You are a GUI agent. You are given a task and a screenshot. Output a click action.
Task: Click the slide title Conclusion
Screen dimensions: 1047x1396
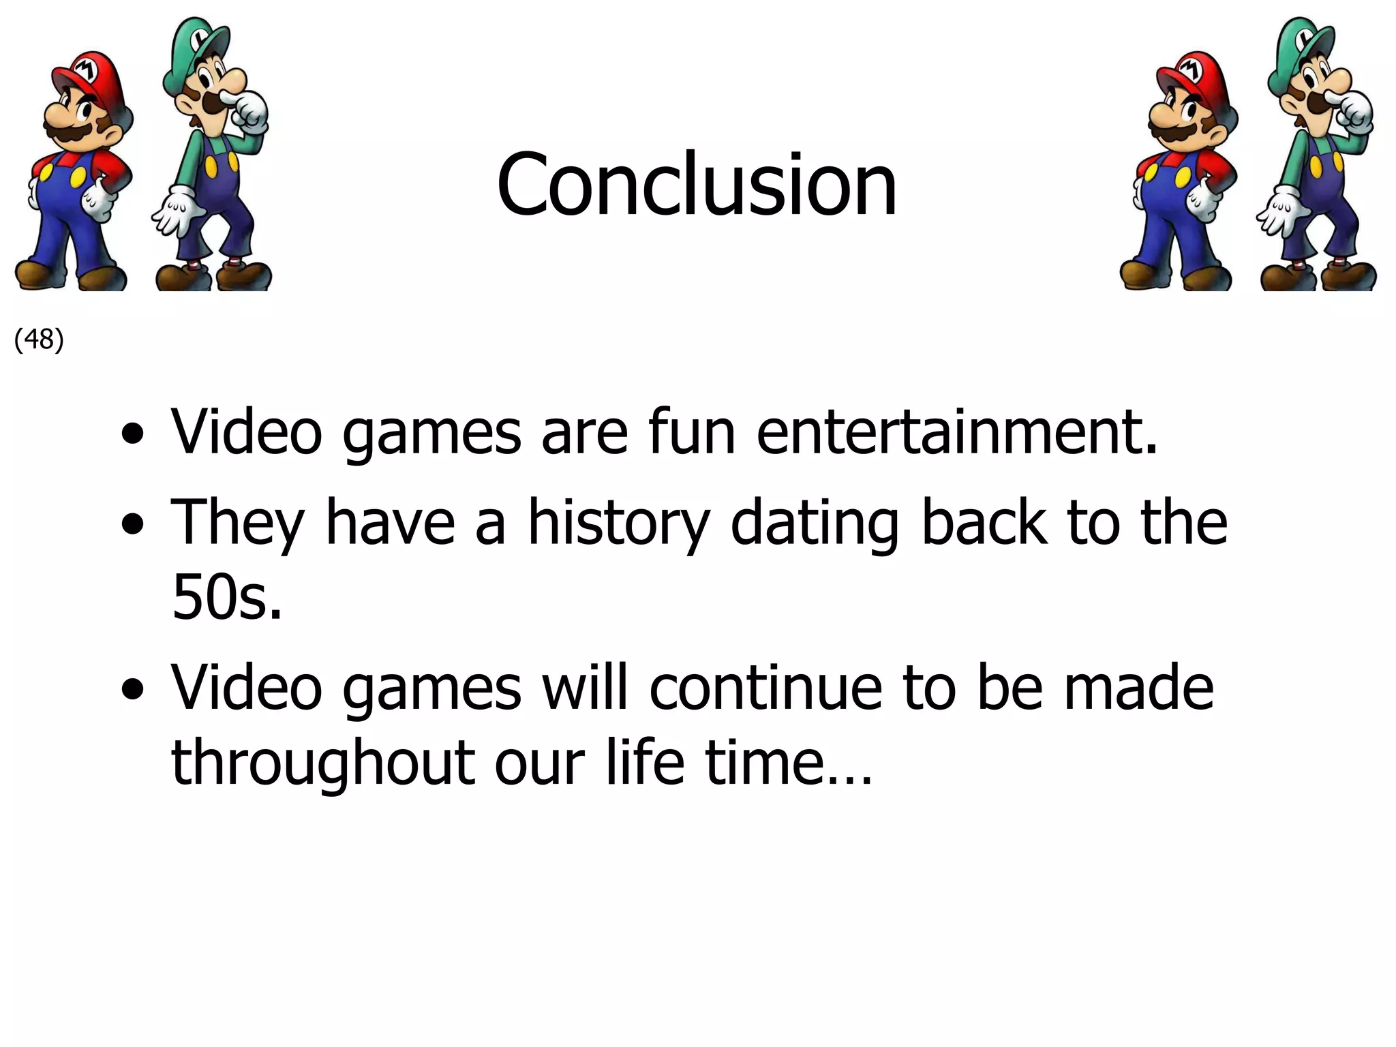point(697,185)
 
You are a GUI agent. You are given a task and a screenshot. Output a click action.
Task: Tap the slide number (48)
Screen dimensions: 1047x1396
point(39,339)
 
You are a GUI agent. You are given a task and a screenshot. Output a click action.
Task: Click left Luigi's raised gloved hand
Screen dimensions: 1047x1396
point(249,112)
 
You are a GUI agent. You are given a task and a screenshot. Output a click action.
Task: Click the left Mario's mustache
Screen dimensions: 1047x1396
point(72,133)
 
